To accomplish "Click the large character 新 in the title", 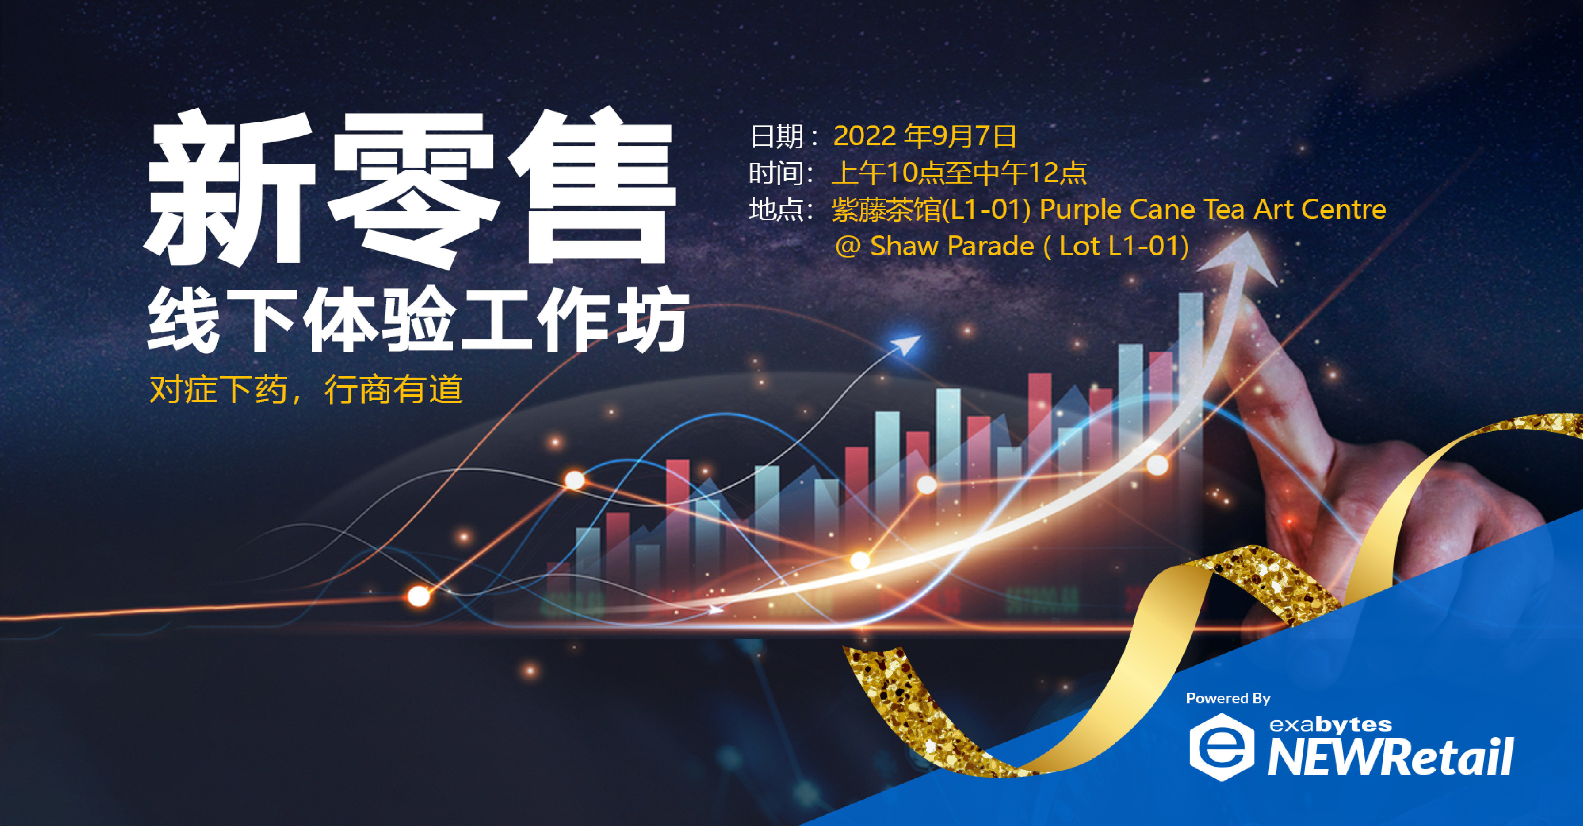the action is coord(229,188).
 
